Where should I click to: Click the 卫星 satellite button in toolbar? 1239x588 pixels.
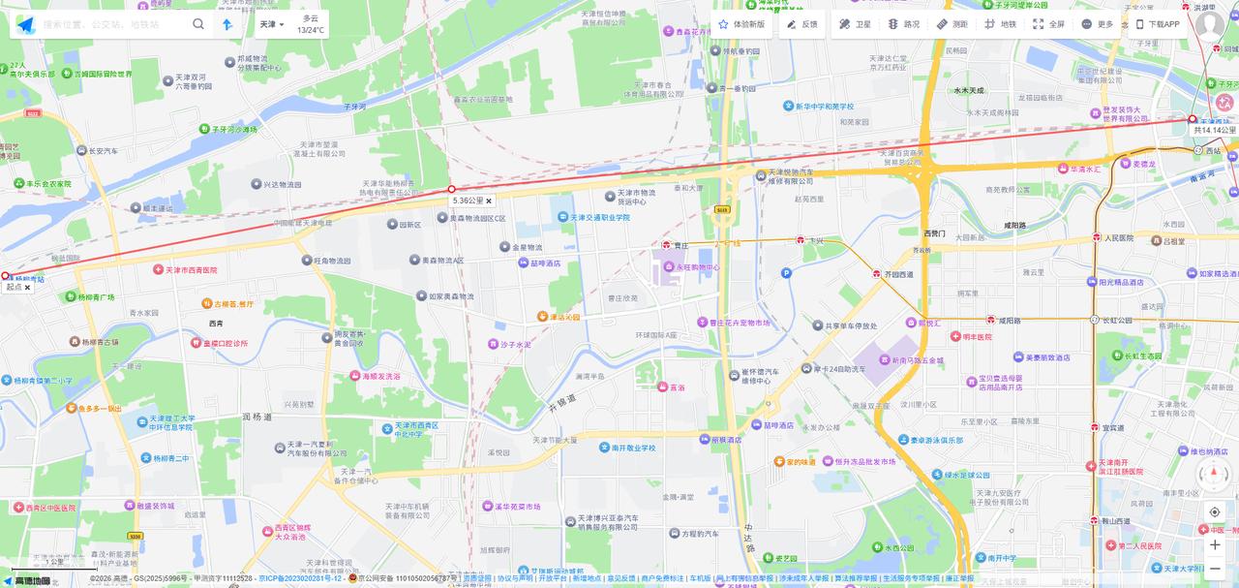(x=855, y=24)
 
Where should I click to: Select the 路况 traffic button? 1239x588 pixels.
(x=904, y=24)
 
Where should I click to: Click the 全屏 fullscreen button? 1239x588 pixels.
(x=1048, y=24)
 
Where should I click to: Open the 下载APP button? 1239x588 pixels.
(x=1158, y=24)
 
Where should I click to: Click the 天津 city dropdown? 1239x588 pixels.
(x=272, y=24)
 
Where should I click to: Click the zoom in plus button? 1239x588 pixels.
(x=1215, y=544)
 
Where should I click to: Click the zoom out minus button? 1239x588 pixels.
(x=1215, y=569)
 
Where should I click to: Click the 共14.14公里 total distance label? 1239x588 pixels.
(x=1214, y=130)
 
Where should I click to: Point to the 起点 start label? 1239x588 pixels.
(x=14, y=287)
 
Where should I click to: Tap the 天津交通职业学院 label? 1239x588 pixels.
(x=599, y=218)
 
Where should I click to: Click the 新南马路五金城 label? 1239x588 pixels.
(x=917, y=360)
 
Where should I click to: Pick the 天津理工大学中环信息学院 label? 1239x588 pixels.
(x=171, y=423)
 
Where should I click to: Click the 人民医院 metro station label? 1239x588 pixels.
(x=1118, y=237)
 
